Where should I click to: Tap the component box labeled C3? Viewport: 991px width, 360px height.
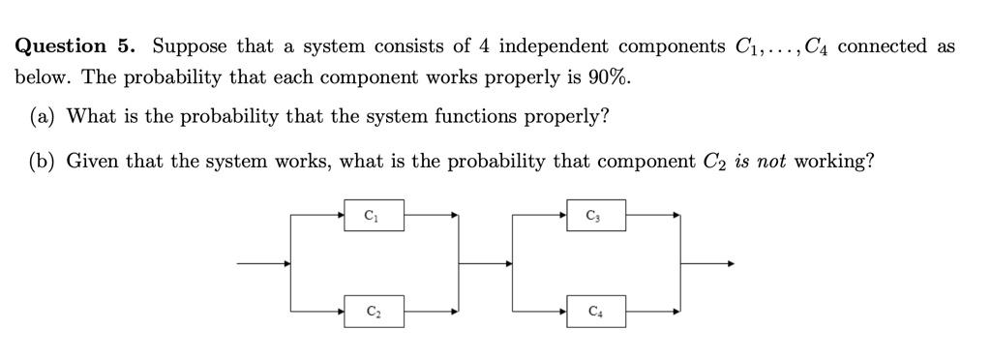point(595,215)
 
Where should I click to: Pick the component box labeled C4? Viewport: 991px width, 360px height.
point(595,311)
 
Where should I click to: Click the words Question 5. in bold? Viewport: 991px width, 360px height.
point(75,46)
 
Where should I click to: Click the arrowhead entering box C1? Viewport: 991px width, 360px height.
point(340,215)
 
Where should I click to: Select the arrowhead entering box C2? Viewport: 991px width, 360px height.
point(340,311)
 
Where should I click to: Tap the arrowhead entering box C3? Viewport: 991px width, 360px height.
point(562,215)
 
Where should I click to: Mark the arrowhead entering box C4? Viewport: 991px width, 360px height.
point(562,311)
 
